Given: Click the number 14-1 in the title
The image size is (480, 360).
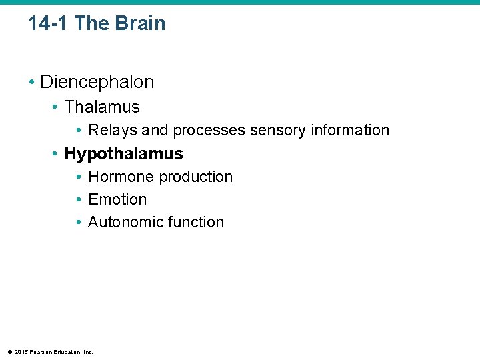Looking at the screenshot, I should [49, 23].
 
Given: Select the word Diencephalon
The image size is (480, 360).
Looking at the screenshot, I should [97, 82].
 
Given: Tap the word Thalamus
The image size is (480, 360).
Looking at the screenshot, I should [102, 107].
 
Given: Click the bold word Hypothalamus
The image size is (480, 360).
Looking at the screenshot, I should [123, 153].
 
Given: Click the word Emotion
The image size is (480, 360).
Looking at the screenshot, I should [117, 199].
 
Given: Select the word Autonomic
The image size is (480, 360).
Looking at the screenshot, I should [126, 222].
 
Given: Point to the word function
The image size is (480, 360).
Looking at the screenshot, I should [196, 222].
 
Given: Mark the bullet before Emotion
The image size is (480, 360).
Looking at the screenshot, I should [79, 200].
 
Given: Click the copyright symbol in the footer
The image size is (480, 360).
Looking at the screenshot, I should [9, 352].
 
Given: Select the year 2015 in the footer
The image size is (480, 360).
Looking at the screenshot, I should [21, 352].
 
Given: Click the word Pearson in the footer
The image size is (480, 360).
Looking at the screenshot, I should [39, 352].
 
